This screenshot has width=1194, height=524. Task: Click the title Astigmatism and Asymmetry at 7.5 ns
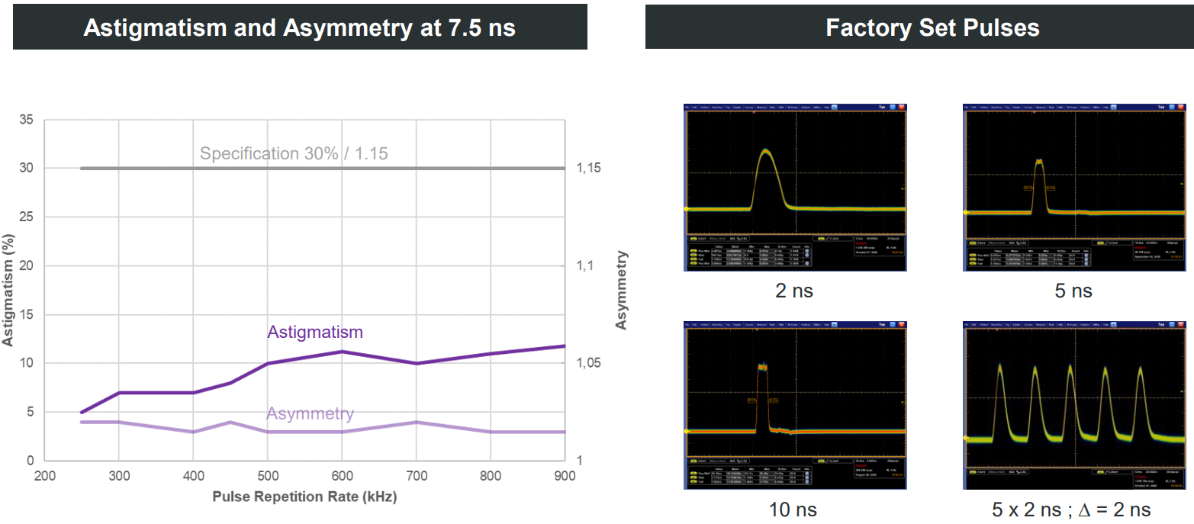299,27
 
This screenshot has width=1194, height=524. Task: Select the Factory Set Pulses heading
932,27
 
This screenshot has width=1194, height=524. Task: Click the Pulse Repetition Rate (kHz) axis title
304,497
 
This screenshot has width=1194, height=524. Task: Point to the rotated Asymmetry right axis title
621,290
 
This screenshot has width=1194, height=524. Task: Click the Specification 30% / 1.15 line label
294,153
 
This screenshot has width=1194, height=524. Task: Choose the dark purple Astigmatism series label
314,332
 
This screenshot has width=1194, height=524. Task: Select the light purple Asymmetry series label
310,413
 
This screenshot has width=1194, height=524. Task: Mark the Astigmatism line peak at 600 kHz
342,352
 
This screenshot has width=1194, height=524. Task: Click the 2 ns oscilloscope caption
793,291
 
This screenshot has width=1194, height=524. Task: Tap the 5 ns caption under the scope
1073,291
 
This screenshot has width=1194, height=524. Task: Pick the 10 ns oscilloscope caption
793,509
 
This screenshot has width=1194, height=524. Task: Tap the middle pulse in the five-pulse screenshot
1070,371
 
